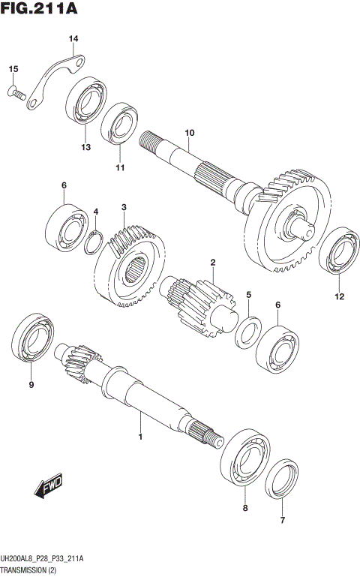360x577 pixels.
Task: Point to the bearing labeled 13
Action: (x=86, y=102)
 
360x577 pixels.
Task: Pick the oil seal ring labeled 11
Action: (x=118, y=125)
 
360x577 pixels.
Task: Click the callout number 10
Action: (x=189, y=133)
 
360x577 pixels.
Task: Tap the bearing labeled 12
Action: (x=338, y=251)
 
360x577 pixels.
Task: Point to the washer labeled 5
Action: (x=248, y=332)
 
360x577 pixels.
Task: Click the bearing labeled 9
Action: (x=33, y=343)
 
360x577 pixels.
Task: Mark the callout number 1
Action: (x=139, y=435)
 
